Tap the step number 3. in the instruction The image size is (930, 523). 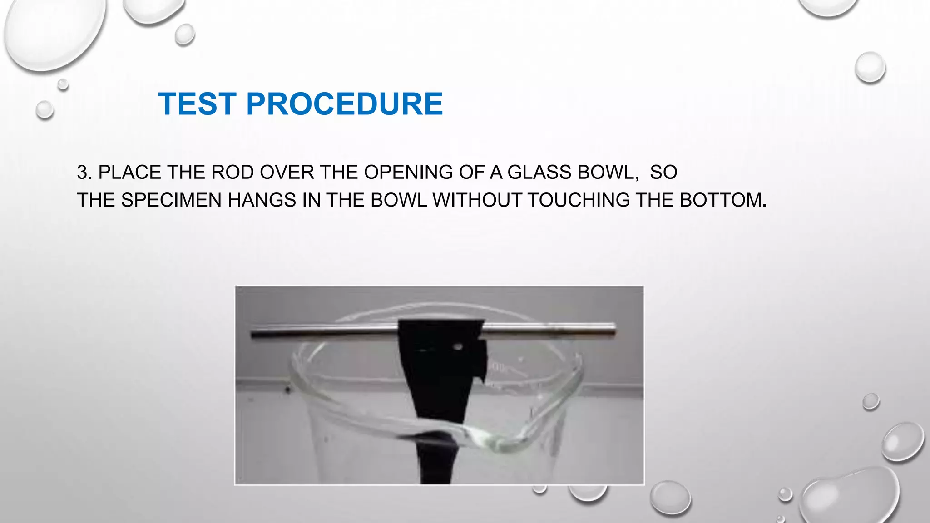[x=84, y=173]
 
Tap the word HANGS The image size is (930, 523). [x=262, y=200]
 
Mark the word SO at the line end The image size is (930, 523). [x=663, y=173]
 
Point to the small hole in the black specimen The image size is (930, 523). [x=458, y=347]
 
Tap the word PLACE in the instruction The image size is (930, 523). [x=130, y=173]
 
